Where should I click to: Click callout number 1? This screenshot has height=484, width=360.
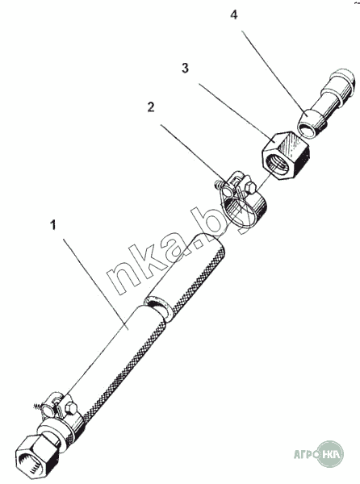click(x=53, y=225)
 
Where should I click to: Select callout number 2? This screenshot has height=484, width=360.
click(x=151, y=107)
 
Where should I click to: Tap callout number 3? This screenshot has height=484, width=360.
click(x=185, y=69)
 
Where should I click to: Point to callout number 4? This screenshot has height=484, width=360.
click(x=234, y=15)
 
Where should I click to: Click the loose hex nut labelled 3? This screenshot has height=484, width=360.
click(x=286, y=155)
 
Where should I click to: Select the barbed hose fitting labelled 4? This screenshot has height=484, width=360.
click(x=326, y=104)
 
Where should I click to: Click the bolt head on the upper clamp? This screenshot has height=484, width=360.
click(x=250, y=188)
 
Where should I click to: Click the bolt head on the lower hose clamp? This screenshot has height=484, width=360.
click(x=72, y=409)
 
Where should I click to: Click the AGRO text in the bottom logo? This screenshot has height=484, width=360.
click(x=306, y=455)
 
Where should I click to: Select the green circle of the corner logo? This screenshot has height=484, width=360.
click(x=330, y=454)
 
